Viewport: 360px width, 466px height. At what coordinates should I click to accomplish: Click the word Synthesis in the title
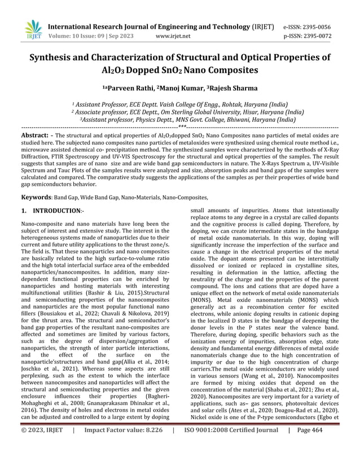[x=55, y=58]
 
